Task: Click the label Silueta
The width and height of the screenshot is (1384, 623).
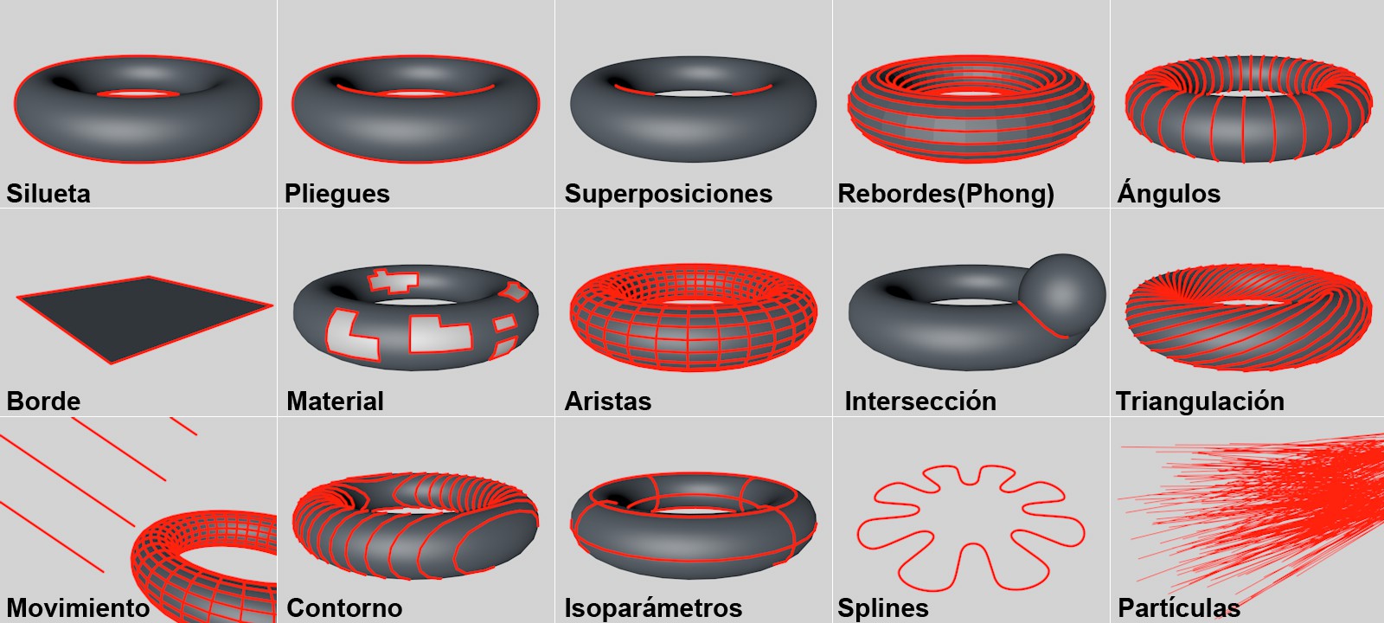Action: click(x=48, y=194)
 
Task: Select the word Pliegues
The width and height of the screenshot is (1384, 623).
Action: click(x=336, y=194)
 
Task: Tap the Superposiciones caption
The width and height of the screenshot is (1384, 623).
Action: click(x=669, y=194)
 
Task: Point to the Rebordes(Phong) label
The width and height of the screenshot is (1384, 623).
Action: click(x=946, y=194)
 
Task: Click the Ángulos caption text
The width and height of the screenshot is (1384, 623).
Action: click(x=1169, y=191)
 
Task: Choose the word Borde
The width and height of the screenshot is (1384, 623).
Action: click(x=43, y=401)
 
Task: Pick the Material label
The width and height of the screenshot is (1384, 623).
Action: click(x=335, y=401)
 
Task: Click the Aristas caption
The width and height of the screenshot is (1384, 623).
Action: click(x=608, y=401)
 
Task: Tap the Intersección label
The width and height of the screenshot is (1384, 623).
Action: click(x=920, y=401)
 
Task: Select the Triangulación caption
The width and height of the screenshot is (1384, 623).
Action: click(x=1200, y=402)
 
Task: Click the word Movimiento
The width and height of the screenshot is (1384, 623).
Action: click(x=78, y=607)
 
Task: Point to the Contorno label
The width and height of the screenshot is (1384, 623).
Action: click(x=345, y=607)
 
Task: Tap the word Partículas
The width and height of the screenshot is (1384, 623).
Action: click(x=1179, y=607)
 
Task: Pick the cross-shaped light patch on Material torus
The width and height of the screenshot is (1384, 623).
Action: click(x=393, y=280)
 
